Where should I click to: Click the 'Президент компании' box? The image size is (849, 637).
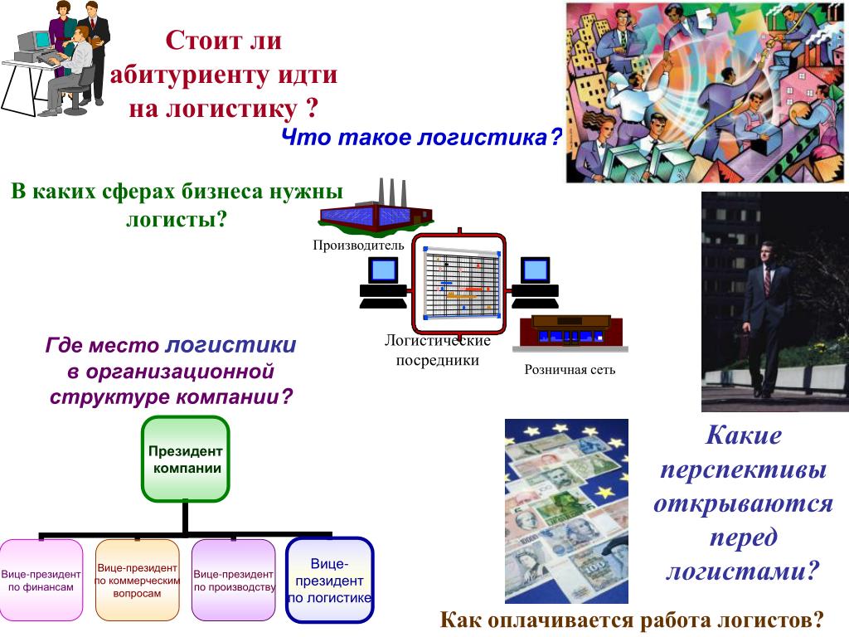[185, 460]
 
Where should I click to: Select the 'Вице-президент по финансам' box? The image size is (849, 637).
[41, 580]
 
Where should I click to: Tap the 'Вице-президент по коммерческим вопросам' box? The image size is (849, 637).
[138, 580]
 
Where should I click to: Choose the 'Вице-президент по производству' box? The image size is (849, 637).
[234, 580]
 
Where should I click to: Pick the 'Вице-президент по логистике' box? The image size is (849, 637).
[329, 580]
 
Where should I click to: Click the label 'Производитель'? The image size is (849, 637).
[358, 245]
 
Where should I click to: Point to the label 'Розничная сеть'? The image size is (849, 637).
[570, 369]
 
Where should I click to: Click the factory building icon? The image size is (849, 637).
[375, 211]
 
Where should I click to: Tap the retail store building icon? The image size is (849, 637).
[566, 332]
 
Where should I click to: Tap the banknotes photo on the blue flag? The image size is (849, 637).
[566, 510]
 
